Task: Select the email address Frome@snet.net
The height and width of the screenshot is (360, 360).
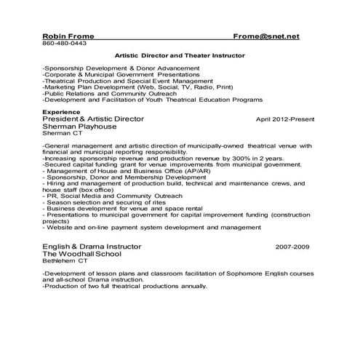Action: (266, 36)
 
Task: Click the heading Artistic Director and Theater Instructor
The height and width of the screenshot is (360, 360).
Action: (180, 55)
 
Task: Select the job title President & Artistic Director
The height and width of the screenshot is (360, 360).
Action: (95, 118)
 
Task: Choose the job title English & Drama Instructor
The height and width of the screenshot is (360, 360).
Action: (91, 247)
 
